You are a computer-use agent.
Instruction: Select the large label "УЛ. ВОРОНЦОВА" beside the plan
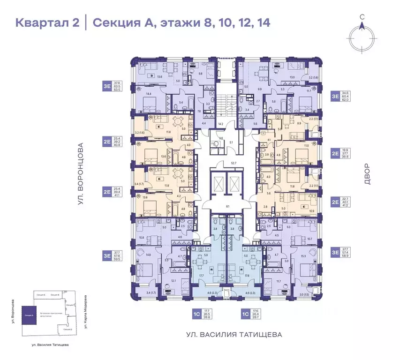(80, 174)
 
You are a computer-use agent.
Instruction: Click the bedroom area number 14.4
(149, 94)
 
